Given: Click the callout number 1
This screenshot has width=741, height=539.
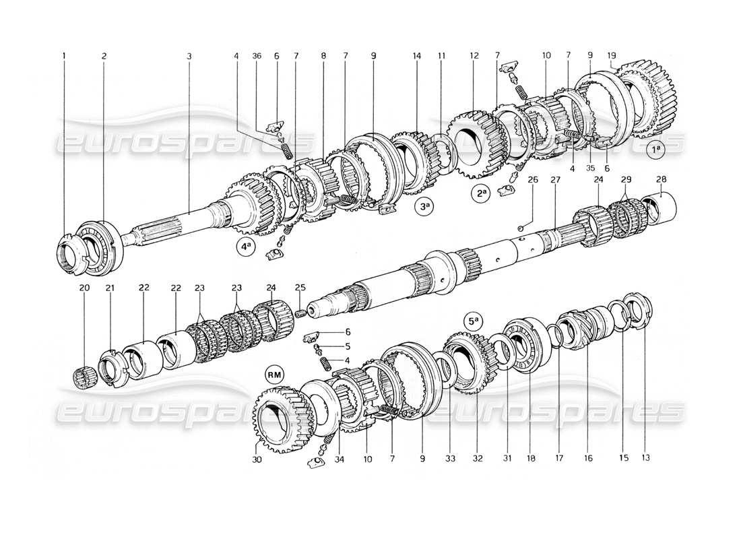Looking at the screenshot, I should (65, 56).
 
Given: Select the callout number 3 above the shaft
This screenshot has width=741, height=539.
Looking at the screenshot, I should (189, 56).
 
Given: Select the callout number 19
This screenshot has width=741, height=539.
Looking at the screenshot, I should (611, 56).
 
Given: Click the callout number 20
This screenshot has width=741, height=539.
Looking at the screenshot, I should (84, 325).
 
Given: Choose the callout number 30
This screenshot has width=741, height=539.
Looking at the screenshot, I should (259, 458).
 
